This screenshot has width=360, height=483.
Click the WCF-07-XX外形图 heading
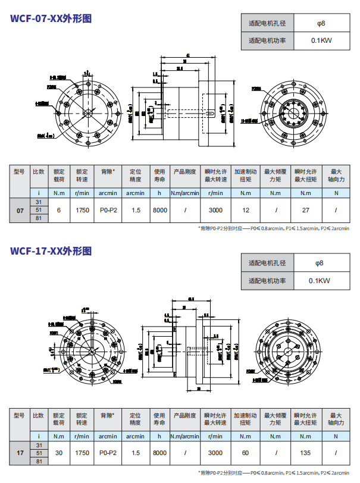click(51, 18)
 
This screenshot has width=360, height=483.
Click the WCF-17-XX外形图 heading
click(51, 250)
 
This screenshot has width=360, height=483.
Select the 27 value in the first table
click(306, 210)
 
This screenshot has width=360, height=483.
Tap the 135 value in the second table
click(306, 453)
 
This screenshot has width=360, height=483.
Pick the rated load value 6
click(59, 210)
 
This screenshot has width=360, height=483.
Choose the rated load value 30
click(59, 453)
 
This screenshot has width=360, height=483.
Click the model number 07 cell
click(20, 211)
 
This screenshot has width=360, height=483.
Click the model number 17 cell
click(20, 453)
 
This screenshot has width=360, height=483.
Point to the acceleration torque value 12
click(246, 210)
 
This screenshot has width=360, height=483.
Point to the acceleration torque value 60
click(246, 453)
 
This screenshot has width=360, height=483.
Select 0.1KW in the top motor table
click(321, 41)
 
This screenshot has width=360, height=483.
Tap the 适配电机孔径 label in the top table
click(267, 24)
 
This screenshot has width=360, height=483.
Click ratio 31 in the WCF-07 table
click(39, 203)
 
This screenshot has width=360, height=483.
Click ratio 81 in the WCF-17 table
click(39, 460)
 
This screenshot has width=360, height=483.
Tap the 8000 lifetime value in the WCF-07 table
click(159, 210)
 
